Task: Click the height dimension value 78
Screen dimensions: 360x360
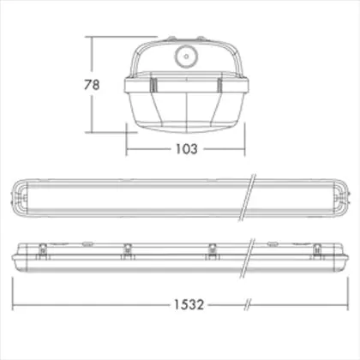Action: tap(92, 85)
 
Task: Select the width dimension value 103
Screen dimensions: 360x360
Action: tap(186, 149)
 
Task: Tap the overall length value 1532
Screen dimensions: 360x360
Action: tap(189, 304)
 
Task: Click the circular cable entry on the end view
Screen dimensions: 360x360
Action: tap(186, 57)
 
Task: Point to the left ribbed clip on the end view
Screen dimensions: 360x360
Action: tap(153, 85)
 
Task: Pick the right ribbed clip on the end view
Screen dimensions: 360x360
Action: tap(219, 85)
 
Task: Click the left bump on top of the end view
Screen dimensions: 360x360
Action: tap(171, 39)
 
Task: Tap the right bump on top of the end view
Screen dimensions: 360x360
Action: tap(201, 39)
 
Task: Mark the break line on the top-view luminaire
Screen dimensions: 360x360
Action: tap(248, 197)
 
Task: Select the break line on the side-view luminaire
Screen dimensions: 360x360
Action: tap(248, 259)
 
